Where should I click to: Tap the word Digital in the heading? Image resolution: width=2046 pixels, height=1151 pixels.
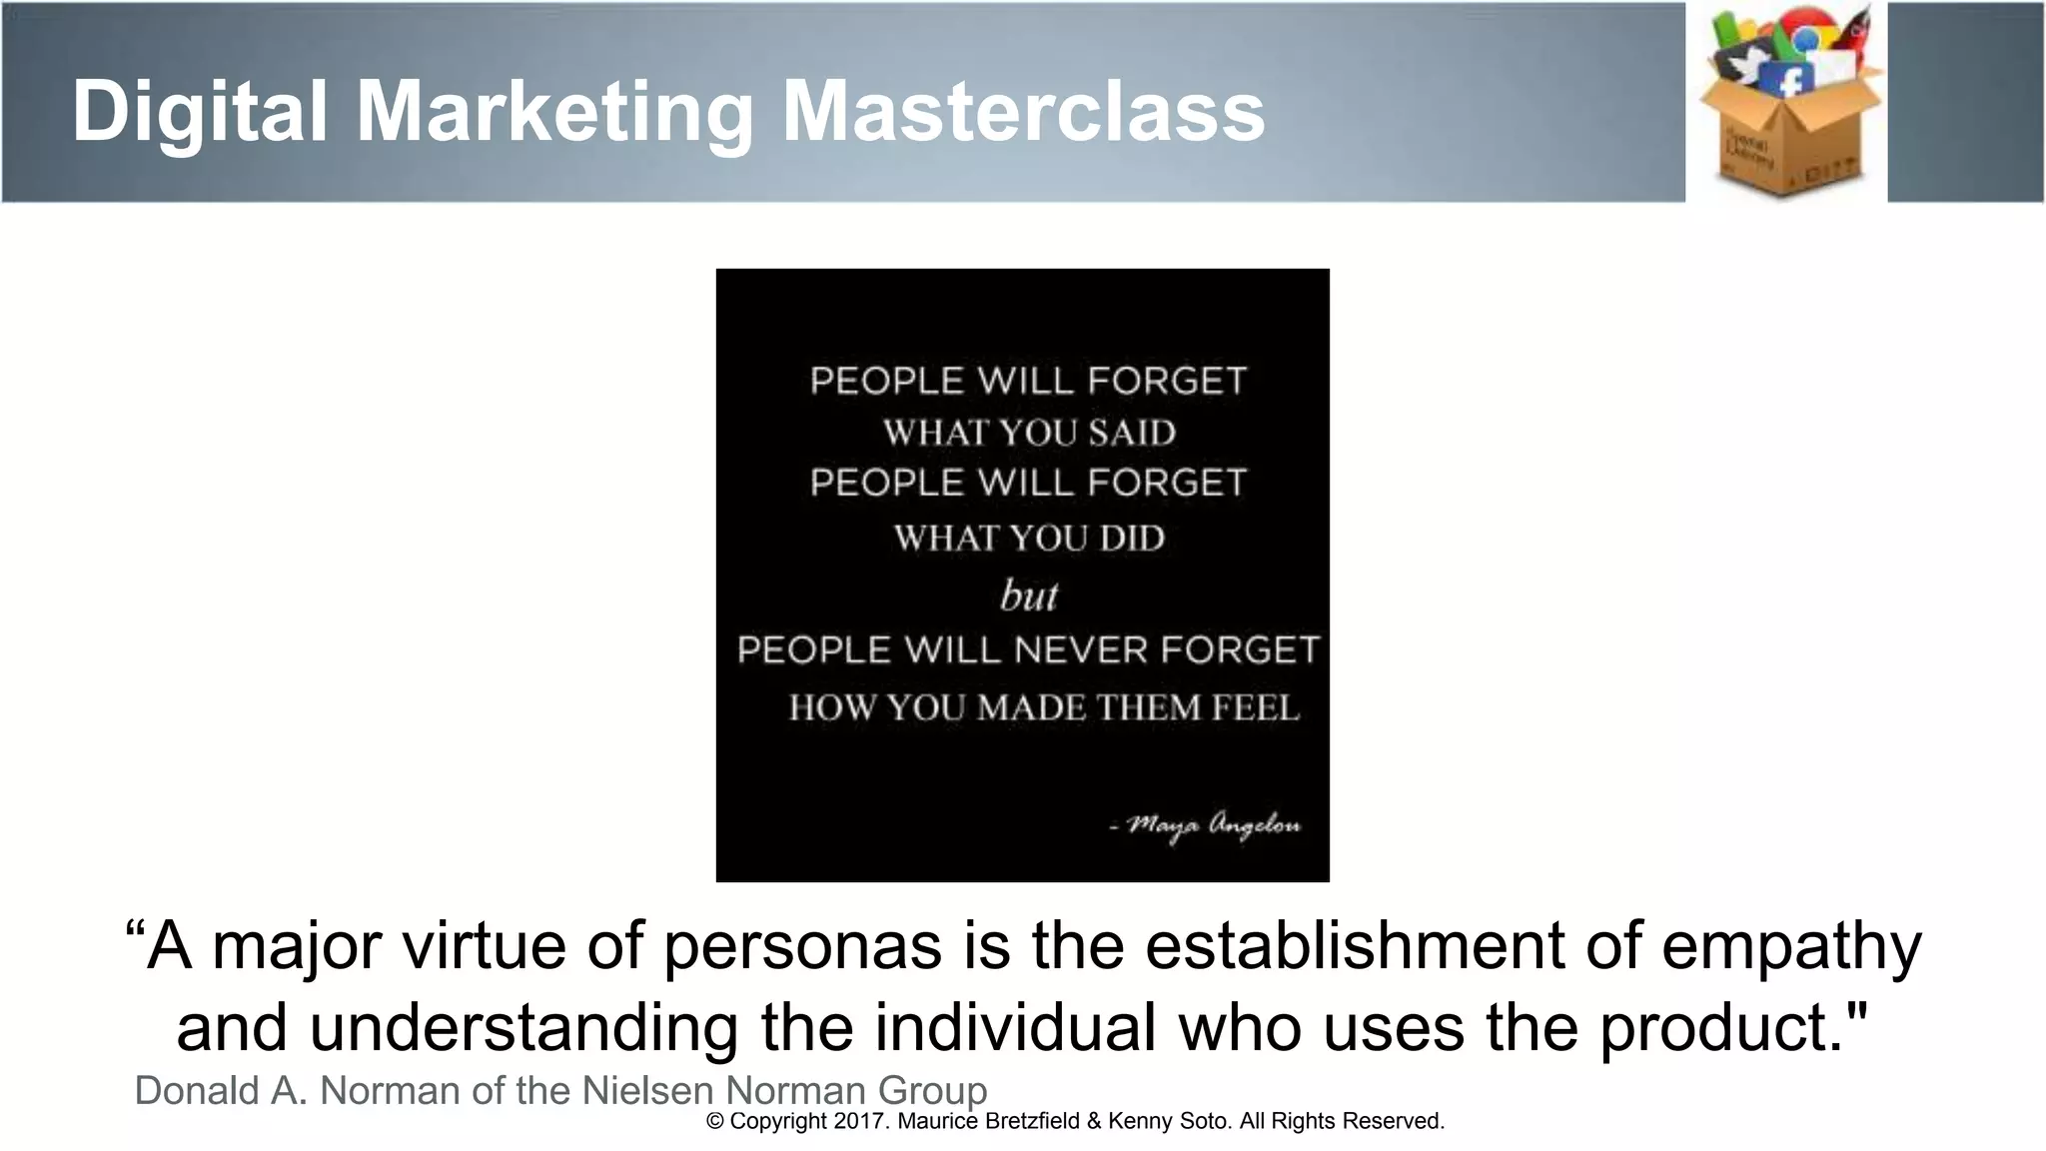pos(200,112)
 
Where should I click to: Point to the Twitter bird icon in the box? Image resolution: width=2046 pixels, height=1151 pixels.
pos(1745,65)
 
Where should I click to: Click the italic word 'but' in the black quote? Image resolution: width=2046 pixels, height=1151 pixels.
pos(1028,595)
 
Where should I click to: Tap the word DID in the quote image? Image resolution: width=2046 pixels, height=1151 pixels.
pos(1132,539)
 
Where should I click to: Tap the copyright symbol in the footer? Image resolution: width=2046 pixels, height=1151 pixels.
pos(714,1121)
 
